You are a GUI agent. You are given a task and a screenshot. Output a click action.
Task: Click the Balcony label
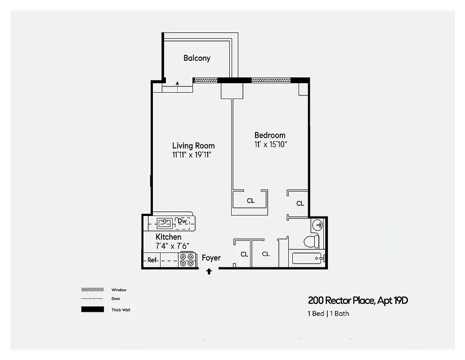coord(197,58)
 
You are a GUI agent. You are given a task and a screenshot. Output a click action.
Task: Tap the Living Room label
coord(193,146)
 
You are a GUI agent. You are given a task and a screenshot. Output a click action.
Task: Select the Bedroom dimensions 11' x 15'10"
coord(270,144)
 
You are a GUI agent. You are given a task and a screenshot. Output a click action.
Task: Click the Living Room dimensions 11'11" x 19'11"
coord(192,155)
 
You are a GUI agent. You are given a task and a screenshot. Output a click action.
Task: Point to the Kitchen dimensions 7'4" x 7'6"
coord(172,246)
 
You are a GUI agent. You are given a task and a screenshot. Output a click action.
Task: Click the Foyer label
coord(211,258)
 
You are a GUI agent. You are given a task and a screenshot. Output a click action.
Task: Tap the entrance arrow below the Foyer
coord(209,271)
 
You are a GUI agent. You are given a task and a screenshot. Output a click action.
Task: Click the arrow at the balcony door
coord(177,83)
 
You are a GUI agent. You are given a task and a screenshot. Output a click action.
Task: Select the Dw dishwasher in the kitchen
coord(182,221)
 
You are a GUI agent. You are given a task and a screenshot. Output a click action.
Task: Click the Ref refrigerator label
coord(152,260)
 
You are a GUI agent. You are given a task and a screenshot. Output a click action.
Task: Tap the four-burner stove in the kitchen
coord(188,260)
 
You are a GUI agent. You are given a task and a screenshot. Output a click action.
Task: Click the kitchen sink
coord(165,222)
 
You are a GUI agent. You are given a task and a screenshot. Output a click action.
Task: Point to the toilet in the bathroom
coord(311,242)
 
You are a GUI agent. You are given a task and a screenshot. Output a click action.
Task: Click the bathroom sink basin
coord(318,225)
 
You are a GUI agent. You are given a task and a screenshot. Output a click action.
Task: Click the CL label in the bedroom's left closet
coord(250,201)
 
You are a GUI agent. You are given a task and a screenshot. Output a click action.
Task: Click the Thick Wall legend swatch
coord(93,310)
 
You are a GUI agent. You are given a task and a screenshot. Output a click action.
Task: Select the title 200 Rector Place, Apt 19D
coord(358,301)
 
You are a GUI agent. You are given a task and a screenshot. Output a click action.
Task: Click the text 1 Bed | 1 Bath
coord(328,314)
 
